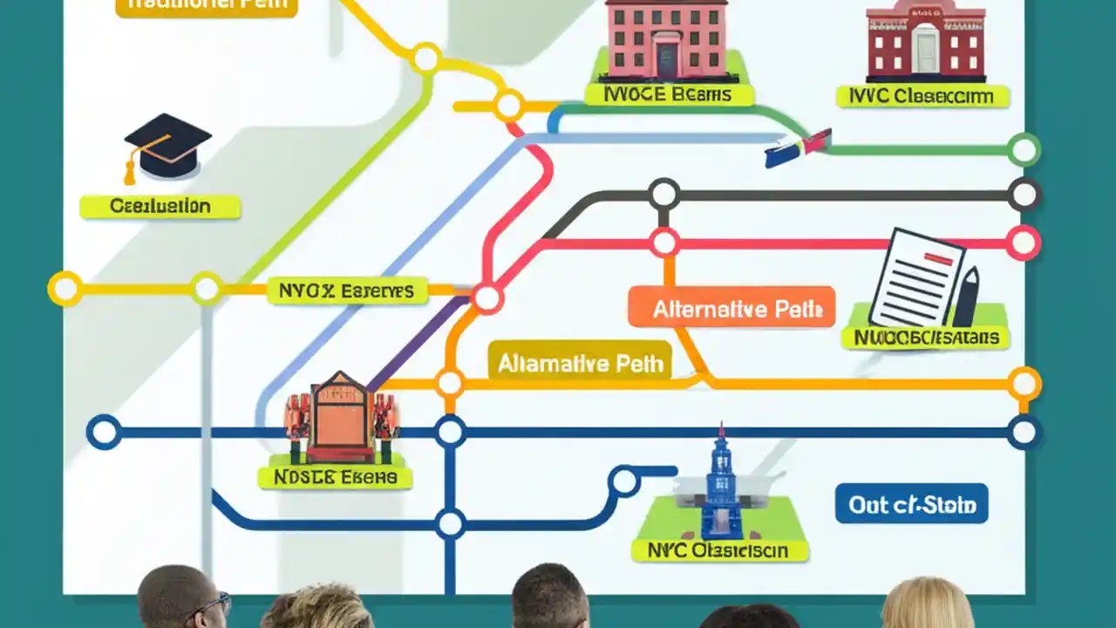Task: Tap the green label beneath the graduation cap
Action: [160, 207]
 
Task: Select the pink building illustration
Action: [667, 39]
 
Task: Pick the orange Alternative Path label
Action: [732, 309]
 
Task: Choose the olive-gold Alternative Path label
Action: [580, 363]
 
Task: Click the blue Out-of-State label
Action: [911, 505]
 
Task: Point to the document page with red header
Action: [915, 276]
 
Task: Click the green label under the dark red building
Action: [922, 96]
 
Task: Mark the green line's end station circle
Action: [1024, 150]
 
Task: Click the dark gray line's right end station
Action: [1024, 195]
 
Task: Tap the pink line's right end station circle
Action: [1024, 243]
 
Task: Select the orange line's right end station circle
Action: [1024, 383]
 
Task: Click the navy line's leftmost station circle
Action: [104, 432]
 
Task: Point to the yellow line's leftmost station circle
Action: [65, 289]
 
